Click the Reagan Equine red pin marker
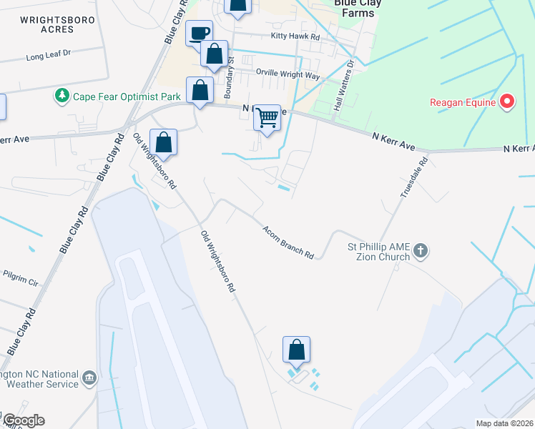click(x=507, y=102)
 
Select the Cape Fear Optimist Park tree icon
click(x=63, y=95)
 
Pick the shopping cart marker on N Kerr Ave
click(x=267, y=117)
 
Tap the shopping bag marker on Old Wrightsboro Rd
click(x=164, y=142)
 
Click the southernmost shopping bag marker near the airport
click(x=296, y=350)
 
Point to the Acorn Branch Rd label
click(x=288, y=242)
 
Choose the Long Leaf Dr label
click(x=49, y=54)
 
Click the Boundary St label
click(x=230, y=78)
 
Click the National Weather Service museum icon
click(x=89, y=378)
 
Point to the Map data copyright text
click(x=505, y=423)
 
